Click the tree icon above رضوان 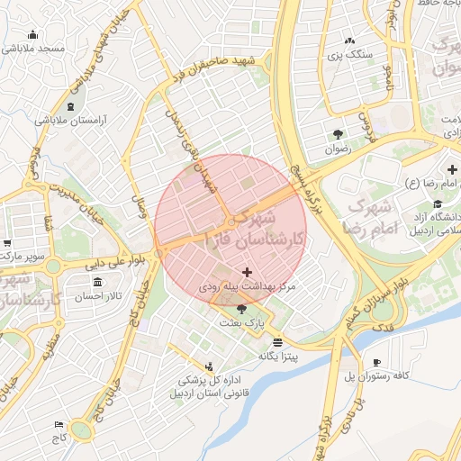tap(338, 134)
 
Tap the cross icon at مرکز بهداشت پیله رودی tap(248, 272)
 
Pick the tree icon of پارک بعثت tap(240, 310)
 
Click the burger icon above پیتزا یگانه tap(276, 342)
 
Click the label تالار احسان tap(97, 296)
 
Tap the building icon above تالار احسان tap(97, 283)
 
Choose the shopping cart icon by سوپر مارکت tap(7, 243)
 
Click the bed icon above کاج tap(59, 424)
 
